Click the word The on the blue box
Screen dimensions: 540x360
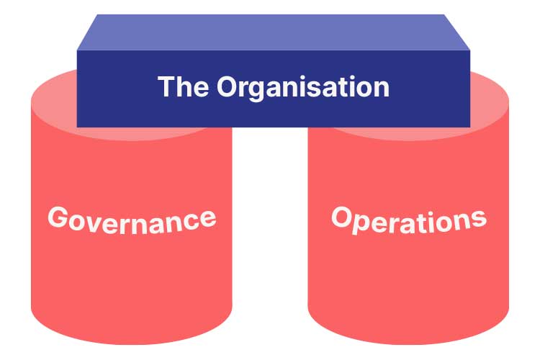click(183, 86)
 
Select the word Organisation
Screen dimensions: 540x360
click(303, 88)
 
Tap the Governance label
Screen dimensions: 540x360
click(132, 220)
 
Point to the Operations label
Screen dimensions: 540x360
click(409, 221)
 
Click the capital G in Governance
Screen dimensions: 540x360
click(58, 217)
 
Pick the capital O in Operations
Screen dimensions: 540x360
click(341, 216)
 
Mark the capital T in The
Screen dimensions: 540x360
click(166, 86)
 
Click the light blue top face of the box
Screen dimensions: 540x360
click(273, 32)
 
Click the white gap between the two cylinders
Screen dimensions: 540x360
click(270, 224)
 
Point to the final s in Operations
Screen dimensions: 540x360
click(479, 219)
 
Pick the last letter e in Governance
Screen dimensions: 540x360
click(208, 218)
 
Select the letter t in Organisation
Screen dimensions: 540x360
click(333, 88)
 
